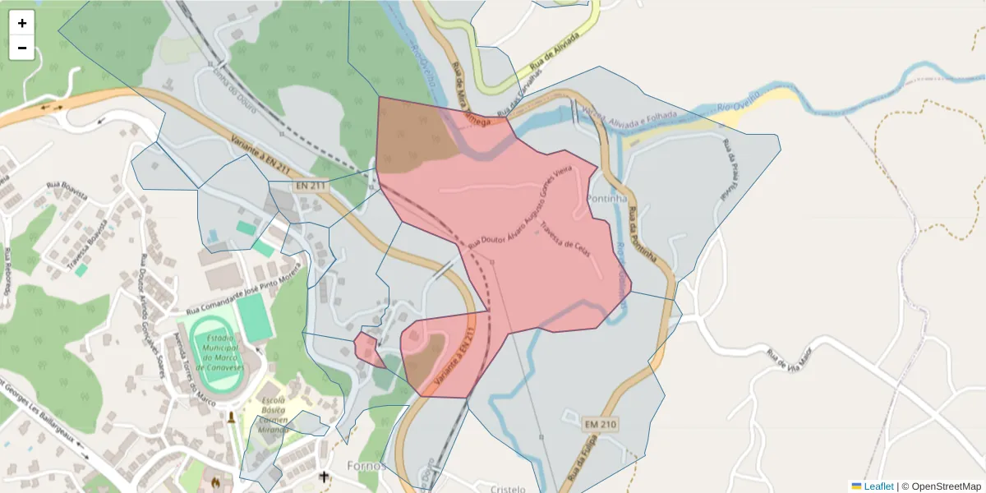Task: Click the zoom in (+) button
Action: [x=22, y=23]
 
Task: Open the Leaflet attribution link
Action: [x=878, y=486]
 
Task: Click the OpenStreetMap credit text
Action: [x=946, y=486]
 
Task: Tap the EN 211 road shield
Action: [x=311, y=187]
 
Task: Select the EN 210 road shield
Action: [x=601, y=424]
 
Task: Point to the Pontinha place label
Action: [x=607, y=199]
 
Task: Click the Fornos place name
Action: [x=366, y=466]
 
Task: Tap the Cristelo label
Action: [x=507, y=488]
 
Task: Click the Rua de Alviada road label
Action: [x=549, y=55]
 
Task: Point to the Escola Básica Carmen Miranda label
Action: [x=274, y=413]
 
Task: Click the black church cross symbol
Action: [x=324, y=477]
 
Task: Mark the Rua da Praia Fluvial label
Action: [x=729, y=168]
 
